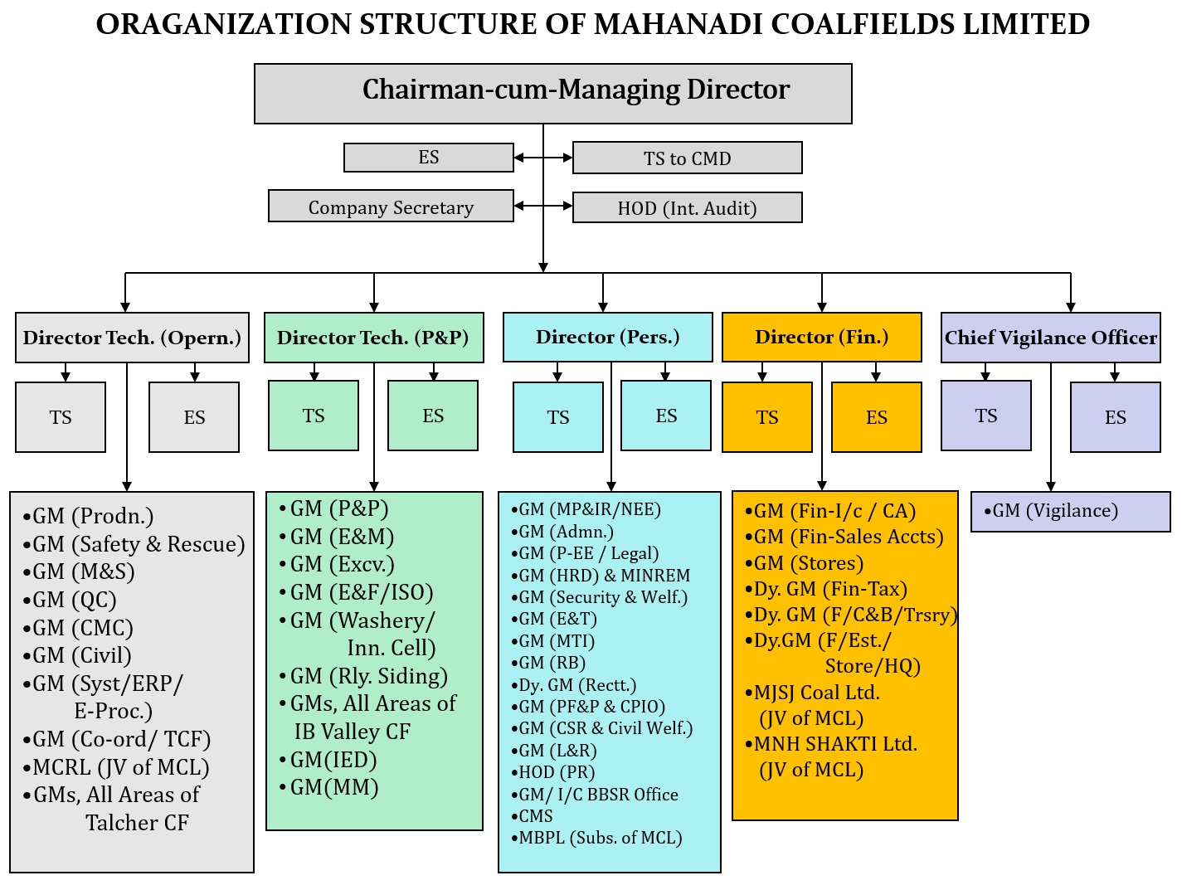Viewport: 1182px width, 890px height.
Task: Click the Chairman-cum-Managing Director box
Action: [552, 94]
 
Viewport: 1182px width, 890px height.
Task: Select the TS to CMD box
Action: [687, 158]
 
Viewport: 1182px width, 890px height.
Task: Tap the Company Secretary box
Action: [391, 207]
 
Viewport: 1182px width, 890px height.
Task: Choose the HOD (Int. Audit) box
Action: [687, 207]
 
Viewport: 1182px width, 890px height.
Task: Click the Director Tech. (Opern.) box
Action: [132, 338]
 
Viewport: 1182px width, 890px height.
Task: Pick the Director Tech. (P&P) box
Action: [373, 338]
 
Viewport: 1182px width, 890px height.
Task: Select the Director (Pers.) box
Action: [607, 337]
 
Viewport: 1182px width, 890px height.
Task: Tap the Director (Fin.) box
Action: [821, 337]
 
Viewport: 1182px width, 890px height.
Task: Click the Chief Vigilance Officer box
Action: [1050, 338]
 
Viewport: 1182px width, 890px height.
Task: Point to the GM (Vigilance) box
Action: [1070, 511]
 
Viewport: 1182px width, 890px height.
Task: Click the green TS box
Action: [314, 416]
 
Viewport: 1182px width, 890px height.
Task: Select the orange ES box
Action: [876, 417]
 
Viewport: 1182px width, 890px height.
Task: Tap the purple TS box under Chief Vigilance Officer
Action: [985, 416]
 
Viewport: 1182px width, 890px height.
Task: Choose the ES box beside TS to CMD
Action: [429, 157]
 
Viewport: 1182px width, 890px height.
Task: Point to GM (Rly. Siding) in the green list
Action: [368, 676]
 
